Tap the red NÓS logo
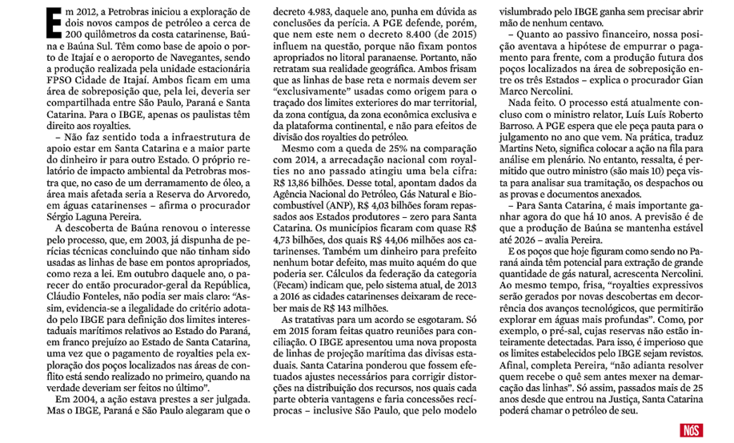pyautogui.click(x=691, y=430)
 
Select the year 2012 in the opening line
pyautogui.click(x=96, y=10)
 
